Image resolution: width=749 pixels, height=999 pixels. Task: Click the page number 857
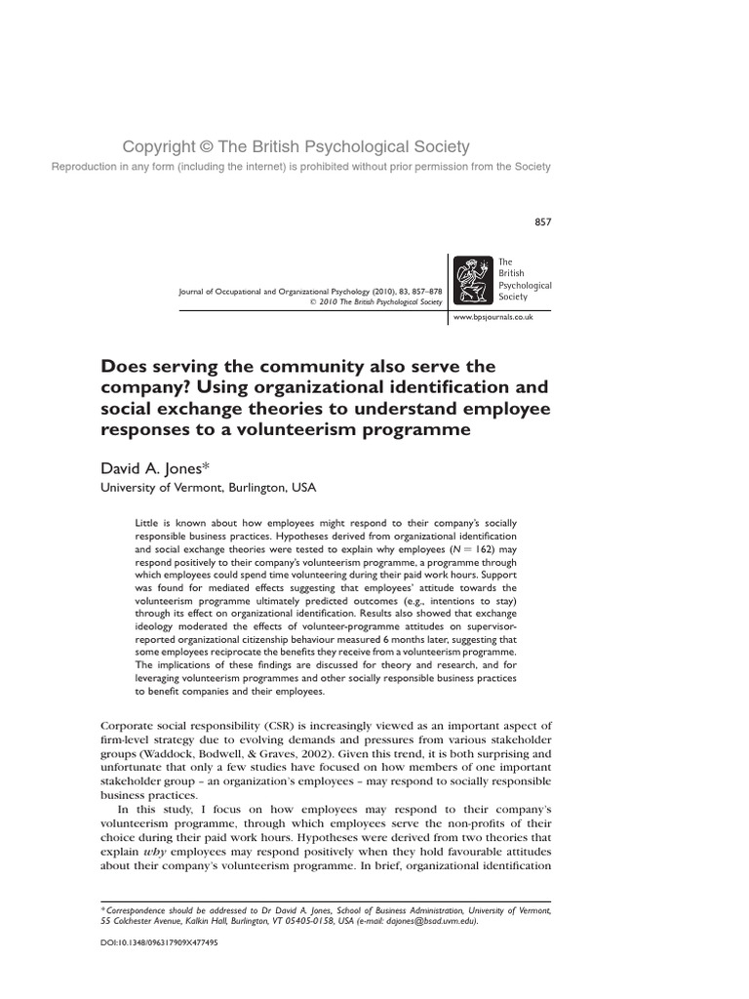click(543, 221)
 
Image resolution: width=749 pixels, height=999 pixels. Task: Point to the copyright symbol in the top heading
click(206, 147)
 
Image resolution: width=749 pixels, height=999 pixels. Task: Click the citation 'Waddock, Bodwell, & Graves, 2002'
click(242, 754)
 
